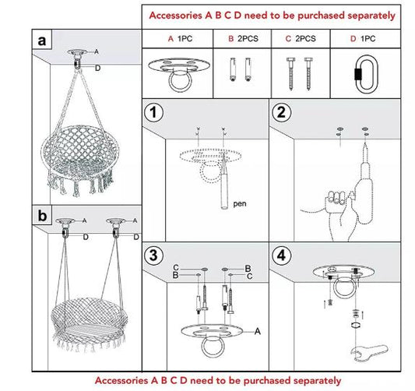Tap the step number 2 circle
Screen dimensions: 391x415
click(283, 114)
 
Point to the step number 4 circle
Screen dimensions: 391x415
click(283, 255)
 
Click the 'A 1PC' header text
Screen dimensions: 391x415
click(180, 38)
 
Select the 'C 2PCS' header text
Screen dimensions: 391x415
click(301, 38)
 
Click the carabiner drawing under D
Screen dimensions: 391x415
click(360, 72)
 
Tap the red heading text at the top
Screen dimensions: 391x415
click(272, 15)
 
